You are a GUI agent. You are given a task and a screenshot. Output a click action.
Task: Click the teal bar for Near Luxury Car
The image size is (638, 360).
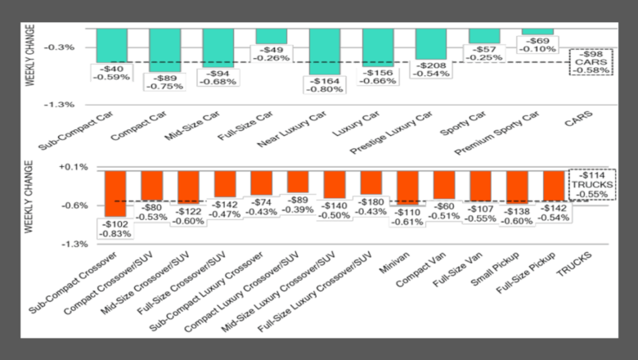click(x=325, y=51)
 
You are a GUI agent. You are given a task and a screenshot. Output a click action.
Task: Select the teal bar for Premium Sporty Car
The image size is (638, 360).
click(x=537, y=31)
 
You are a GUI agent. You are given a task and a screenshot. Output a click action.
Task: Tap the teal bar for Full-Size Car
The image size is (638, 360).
click(x=272, y=36)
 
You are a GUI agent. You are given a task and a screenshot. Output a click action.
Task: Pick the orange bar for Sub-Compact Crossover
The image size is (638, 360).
click(x=115, y=192)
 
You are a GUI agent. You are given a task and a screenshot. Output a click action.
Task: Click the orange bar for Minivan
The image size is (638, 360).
click(x=407, y=187)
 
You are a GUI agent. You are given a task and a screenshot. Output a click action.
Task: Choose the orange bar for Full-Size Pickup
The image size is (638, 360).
click(x=554, y=185)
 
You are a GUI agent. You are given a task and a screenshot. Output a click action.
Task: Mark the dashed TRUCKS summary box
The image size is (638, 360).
click(x=593, y=185)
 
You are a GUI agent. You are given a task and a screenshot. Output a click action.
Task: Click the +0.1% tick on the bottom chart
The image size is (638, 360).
click(x=73, y=167)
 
